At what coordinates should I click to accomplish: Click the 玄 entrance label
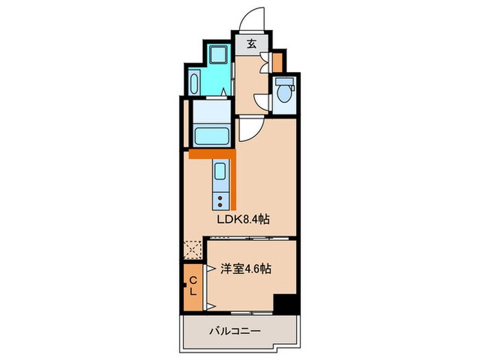(252, 45)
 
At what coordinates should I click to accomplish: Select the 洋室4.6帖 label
(245, 269)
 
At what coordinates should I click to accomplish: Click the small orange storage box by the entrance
(276, 62)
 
